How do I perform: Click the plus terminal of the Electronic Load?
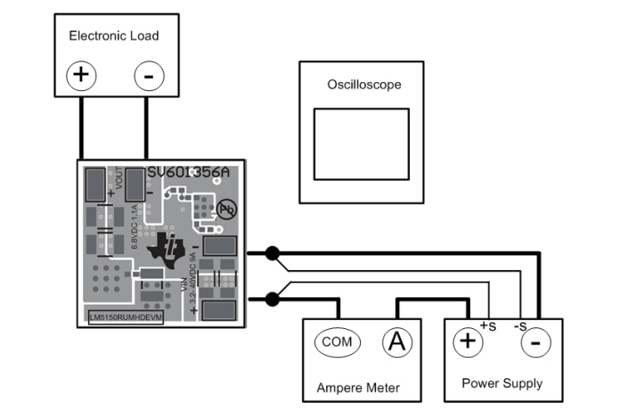[81, 75]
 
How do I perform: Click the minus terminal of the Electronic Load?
[149, 75]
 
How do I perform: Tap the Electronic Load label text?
[114, 36]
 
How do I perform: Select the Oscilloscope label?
[364, 85]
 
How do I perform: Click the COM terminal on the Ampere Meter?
[337, 342]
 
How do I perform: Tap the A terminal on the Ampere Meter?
[397, 342]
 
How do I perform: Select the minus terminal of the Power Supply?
[534, 342]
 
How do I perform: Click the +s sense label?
[487, 325]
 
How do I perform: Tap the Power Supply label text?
[502, 383]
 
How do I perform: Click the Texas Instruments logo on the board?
[171, 247]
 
